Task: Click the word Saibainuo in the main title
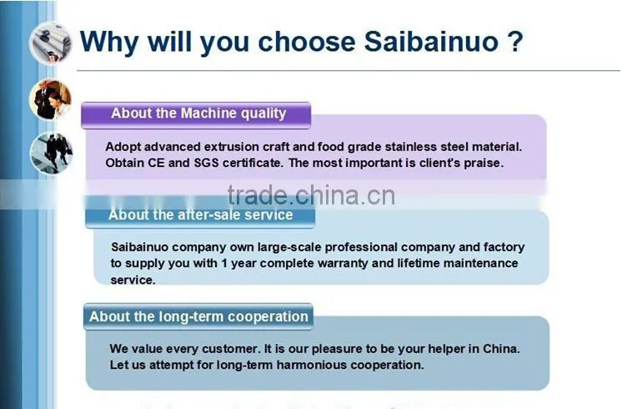pos(431,42)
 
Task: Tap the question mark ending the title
pos(515,42)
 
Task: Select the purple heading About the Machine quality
pos(198,114)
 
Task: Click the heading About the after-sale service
pos(200,215)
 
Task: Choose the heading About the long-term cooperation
pos(198,316)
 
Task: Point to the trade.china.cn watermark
pos(311,195)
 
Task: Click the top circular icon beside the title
pos(50,43)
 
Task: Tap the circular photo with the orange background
pos(50,99)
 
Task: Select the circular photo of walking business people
pos(51,153)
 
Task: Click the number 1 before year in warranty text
pos(224,263)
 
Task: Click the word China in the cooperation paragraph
pos(501,349)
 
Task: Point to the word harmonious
pos(311,365)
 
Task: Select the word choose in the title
pos(307,42)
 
